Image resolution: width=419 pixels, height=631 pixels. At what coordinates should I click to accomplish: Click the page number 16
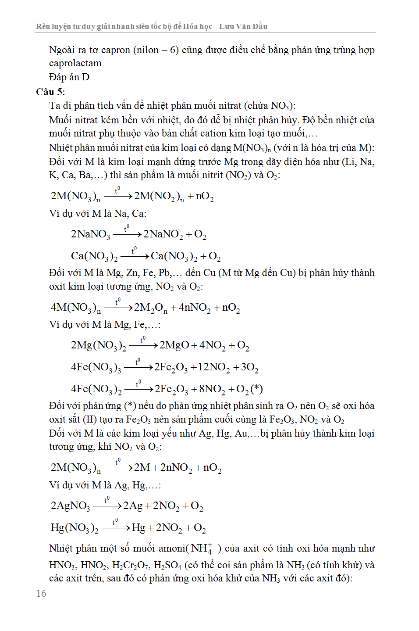tap(41, 593)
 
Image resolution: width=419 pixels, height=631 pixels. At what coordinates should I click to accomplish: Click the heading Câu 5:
tap(50, 92)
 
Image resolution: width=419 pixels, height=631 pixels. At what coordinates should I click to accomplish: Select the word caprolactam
tap(75, 63)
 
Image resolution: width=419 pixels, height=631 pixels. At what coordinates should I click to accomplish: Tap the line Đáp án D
tap(69, 77)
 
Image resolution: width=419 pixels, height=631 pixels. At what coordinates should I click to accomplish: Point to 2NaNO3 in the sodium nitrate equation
tap(90, 234)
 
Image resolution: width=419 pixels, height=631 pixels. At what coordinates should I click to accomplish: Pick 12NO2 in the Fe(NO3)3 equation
tap(213, 367)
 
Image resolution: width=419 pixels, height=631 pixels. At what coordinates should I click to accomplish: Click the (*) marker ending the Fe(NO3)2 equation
tap(256, 389)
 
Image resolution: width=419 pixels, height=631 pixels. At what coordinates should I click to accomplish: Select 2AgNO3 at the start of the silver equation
tap(70, 506)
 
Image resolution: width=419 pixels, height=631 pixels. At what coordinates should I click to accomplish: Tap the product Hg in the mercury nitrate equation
tap(138, 527)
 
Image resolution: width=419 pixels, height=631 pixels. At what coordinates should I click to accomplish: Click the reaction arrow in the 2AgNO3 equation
tap(107, 506)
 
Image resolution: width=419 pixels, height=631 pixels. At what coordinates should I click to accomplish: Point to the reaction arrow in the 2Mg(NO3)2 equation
tap(143, 345)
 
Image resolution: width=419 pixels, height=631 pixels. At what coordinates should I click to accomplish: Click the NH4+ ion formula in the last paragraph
tap(202, 549)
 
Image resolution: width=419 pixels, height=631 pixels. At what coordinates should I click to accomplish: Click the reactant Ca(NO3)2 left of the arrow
tap(94, 256)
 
